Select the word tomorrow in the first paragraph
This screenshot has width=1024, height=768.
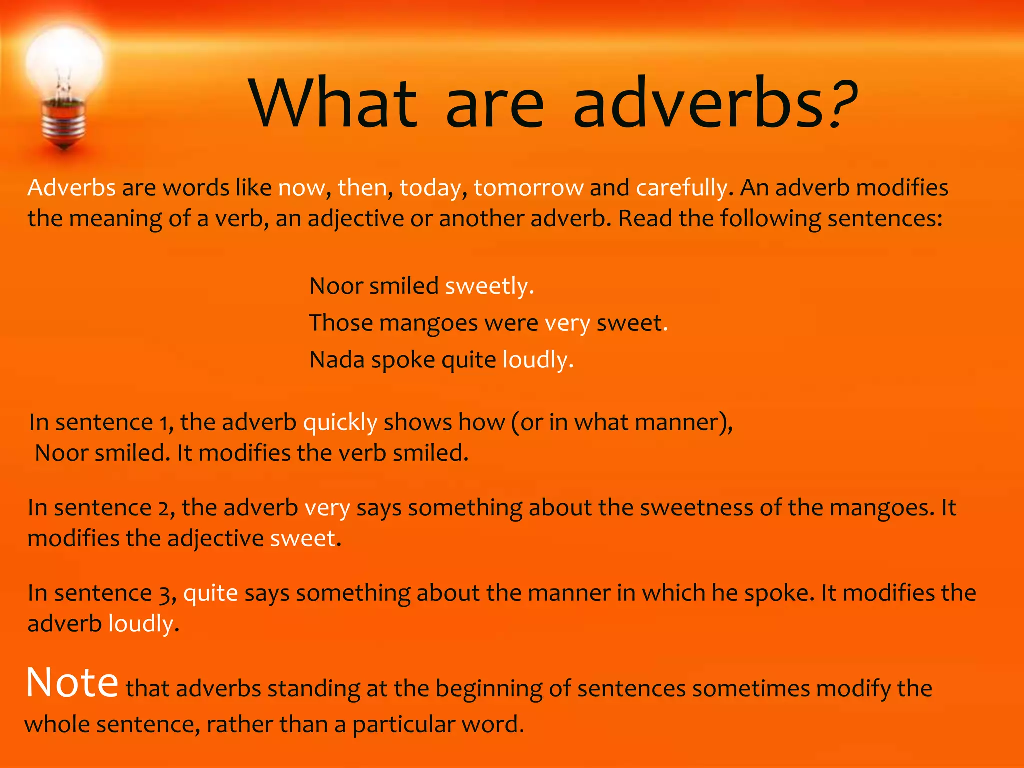529,188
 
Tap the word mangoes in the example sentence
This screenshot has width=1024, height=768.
428,324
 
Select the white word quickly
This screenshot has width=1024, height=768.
340,423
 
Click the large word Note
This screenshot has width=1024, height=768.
72,683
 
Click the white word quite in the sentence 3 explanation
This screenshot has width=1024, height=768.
210,594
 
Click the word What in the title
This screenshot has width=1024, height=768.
334,103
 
